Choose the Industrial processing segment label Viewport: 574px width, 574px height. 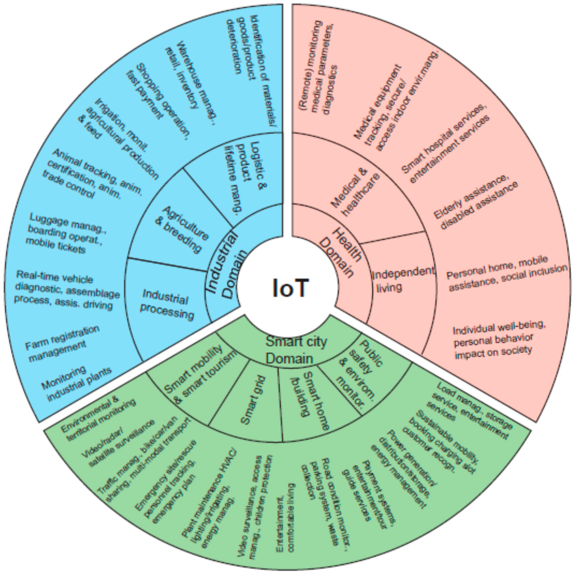[168, 303]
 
